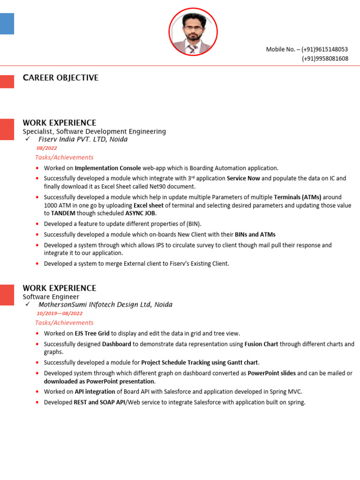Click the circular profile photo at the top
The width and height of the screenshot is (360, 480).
(193, 32)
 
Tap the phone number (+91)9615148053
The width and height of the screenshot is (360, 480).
(325, 49)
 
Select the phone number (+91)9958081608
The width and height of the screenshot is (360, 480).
(325, 59)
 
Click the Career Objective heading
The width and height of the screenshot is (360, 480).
(60, 78)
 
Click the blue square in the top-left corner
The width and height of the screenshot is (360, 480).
(7, 23)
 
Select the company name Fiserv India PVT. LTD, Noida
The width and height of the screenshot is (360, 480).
(83, 139)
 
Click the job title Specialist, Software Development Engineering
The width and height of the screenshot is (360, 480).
(94, 131)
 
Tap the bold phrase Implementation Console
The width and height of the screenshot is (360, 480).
(108, 168)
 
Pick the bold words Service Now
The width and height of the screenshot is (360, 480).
(243, 179)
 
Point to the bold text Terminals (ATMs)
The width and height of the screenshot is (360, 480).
(298, 197)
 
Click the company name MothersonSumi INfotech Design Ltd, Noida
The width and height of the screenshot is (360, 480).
(105, 305)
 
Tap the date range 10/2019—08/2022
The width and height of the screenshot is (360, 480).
(60, 314)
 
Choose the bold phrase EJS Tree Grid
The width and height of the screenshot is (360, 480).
(92, 333)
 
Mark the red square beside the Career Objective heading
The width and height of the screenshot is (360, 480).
(7, 82)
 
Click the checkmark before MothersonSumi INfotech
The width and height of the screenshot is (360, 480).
(28, 305)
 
